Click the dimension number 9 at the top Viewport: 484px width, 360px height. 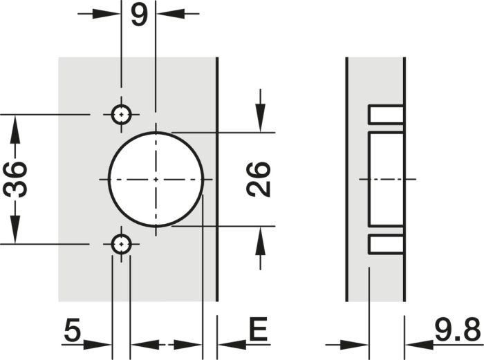pyautogui.click(x=139, y=15)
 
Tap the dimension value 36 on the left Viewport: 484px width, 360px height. pyautogui.click(x=15, y=179)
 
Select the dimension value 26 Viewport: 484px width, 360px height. pyautogui.click(x=259, y=179)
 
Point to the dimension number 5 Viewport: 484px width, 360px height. pyautogui.click(x=73, y=330)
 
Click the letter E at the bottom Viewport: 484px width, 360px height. pyautogui.click(x=258, y=330)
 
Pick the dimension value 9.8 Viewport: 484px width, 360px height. pyautogui.click(x=458, y=330)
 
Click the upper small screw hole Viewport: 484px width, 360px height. pyautogui.click(x=121, y=115)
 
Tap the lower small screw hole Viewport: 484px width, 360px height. pyautogui.click(x=121, y=245)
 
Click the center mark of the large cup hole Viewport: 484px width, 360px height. pyautogui.click(x=156, y=179)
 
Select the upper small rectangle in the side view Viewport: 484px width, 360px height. pyautogui.click(x=386, y=115)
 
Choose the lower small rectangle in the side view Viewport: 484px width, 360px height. pyautogui.click(x=386, y=245)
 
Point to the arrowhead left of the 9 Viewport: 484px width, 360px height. pyautogui.click(x=106, y=14)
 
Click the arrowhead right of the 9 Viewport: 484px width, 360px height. pyautogui.click(x=171, y=14)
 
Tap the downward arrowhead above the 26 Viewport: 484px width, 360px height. pyautogui.click(x=260, y=118)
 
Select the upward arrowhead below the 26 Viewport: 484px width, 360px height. pyautogui.click(x=260, y=241)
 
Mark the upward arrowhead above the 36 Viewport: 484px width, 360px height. pyautogui.click(x=15, y=129)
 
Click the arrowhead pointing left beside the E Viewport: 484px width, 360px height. pyautogui.click(x=232, y=344)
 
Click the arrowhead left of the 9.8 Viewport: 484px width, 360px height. pyautogui.click(x=355, y=344)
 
